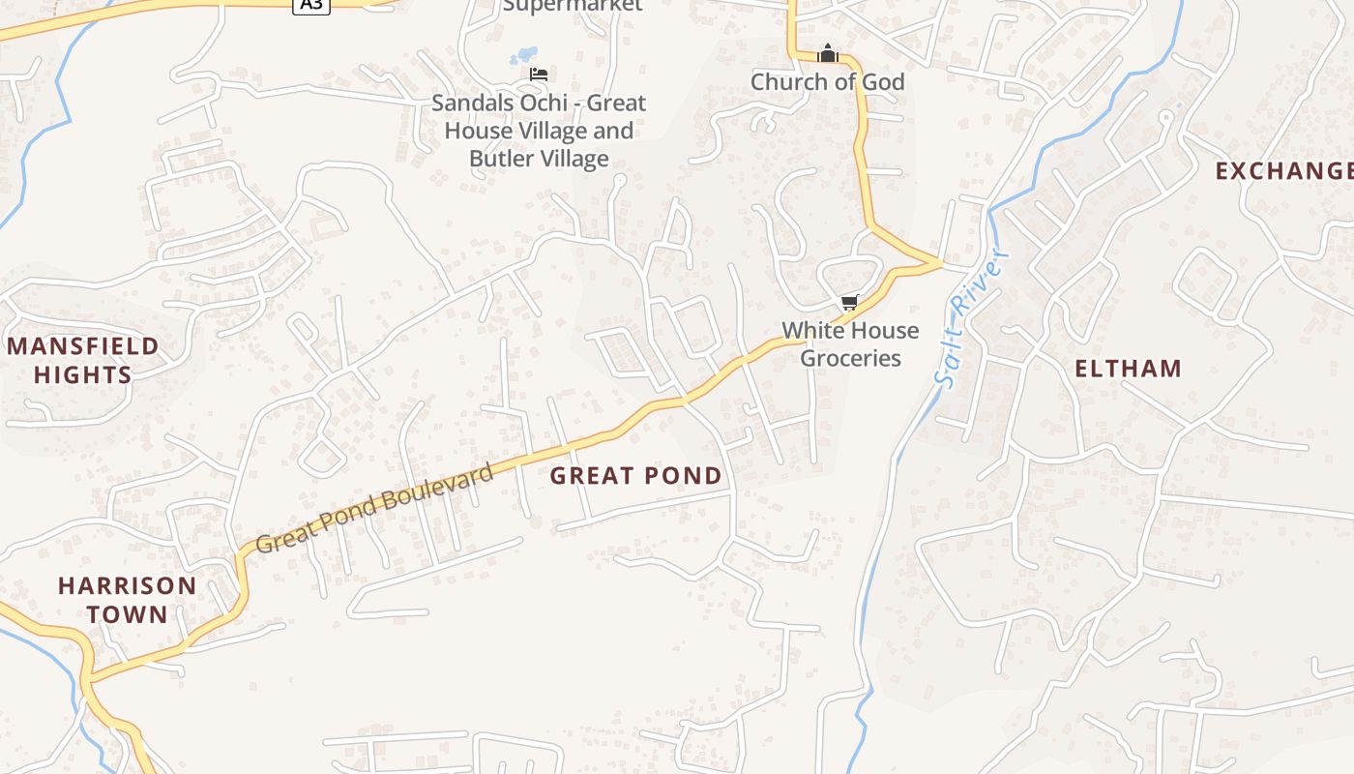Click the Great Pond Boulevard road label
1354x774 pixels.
point(375,507)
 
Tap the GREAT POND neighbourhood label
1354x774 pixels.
point(635,475)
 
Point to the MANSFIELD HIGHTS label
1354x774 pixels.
point(83,360)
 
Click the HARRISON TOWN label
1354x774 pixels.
point(127,599)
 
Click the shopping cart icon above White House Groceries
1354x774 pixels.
point(850,303)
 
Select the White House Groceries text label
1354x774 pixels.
point(850,343)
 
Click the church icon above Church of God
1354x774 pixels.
point(828,53)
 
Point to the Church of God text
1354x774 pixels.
point(828,82)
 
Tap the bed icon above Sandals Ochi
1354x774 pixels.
point(539,74)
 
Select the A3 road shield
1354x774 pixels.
point(311,5)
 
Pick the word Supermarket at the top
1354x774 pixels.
point(573,5)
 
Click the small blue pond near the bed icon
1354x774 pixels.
point(523,56)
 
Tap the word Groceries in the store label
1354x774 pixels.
point(851,358)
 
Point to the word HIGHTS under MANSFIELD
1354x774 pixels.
point(83,374)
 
